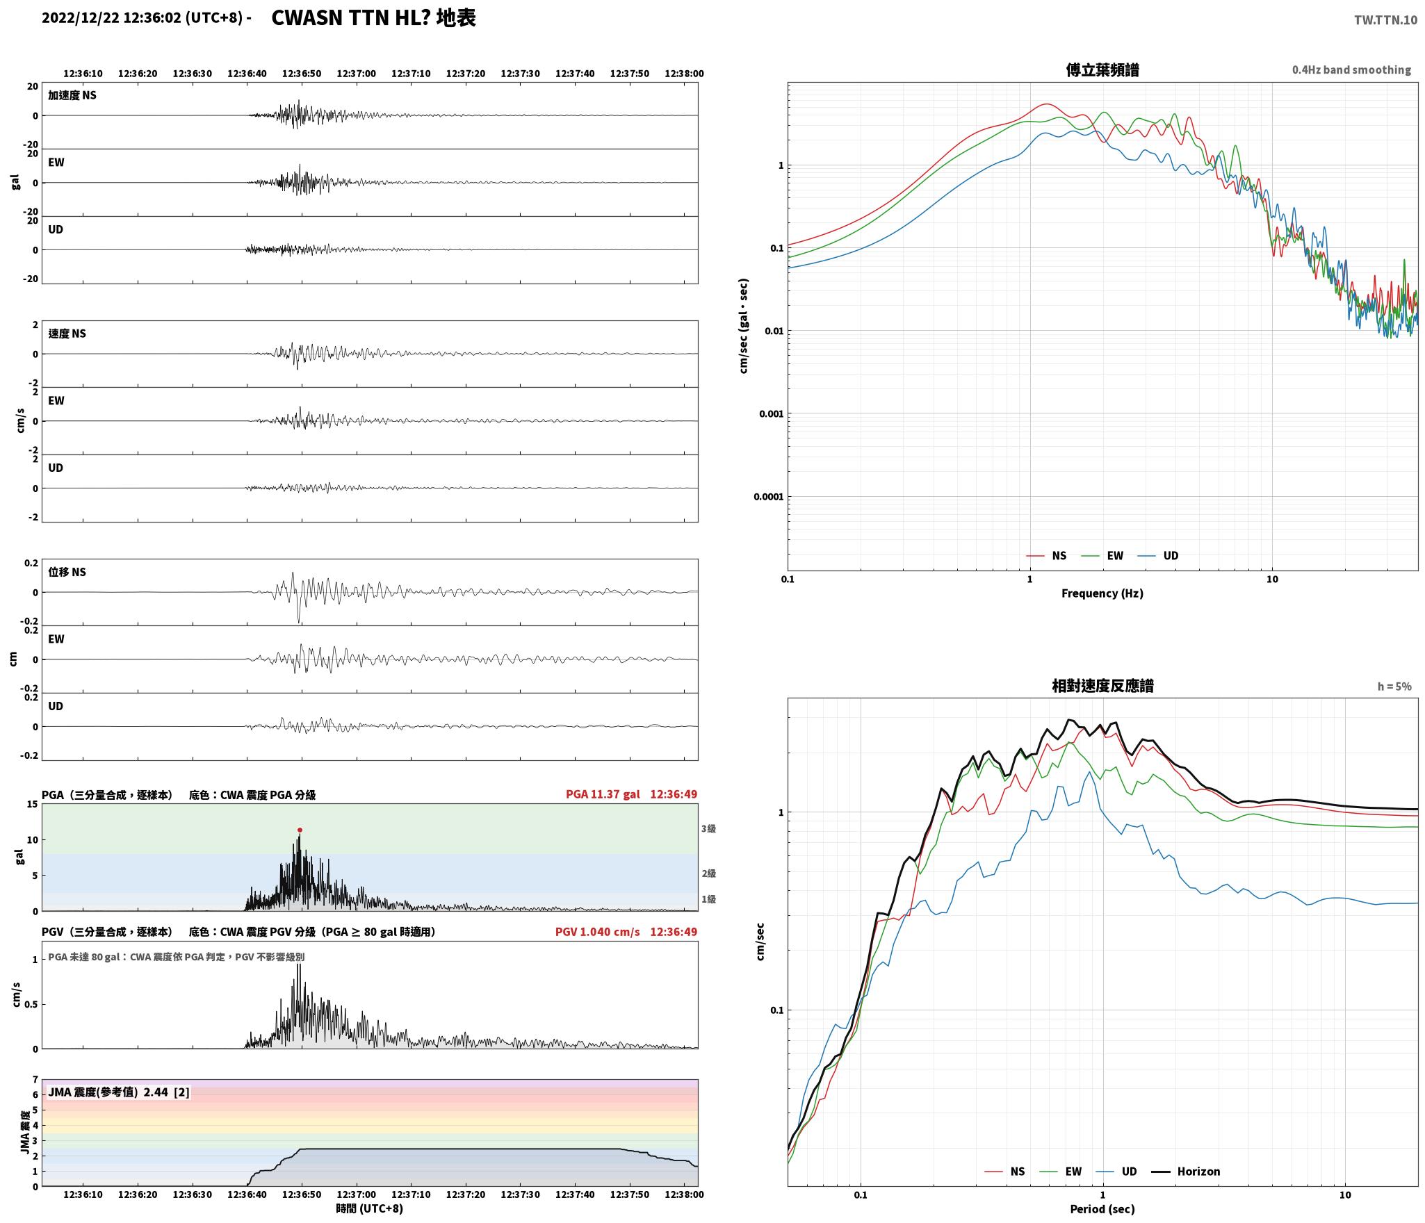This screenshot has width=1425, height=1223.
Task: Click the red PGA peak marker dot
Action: click(x=300, y=830)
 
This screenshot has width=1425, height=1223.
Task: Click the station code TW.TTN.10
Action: click(x=1385, y=19)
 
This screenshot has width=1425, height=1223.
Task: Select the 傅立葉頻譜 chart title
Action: click(x=1102, y=69)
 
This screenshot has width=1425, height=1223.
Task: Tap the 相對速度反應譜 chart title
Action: click(x=1102, y=686)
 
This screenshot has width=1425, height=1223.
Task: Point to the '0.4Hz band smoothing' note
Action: click(x=1351, y=70)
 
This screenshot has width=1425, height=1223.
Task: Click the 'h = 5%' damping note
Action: click(x=1394, y=687)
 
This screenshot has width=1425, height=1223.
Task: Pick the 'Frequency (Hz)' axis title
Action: click(x=1102, y=593)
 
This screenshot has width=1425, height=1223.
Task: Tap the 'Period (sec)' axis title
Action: click(x=1102, y=1209)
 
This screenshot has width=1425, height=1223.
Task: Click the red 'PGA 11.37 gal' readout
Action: click(x=603, y=794)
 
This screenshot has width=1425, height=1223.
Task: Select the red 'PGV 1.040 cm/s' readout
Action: click(x=597, y=932)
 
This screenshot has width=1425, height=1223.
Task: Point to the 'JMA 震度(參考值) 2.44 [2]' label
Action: click(x=118, y=1092)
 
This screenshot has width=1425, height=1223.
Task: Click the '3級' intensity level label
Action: click(x=708, y=828)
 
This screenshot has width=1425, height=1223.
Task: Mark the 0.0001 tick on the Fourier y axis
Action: click(x=768, y=497)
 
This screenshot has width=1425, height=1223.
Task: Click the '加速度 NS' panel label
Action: click(x=72, y=95)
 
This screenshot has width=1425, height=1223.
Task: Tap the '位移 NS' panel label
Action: click(x=67, y=572)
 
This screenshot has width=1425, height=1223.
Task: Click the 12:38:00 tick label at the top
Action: click(x=684, y=74)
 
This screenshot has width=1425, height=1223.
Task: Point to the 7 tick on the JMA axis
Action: click(x=35, y=1080)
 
